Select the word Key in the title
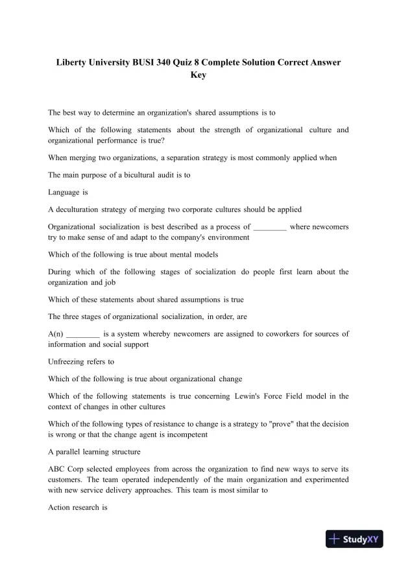(x=198, y=75)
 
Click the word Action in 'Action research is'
(x=61, y=507)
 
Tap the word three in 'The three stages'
(x=77, y=316)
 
